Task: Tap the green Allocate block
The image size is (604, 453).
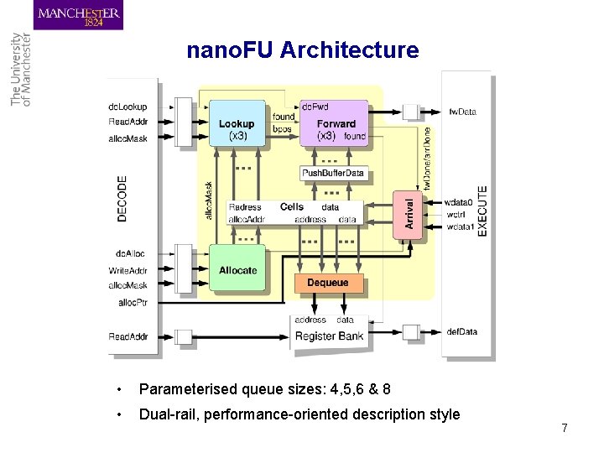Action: pyautogui.click(x=237, y=269)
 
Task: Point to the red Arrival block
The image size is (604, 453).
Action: pyautogui.click(x=409, y=213)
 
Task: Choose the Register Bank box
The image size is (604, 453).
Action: pyautogui.click(x=330, y=336)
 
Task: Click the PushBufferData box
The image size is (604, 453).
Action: pyautogui.click(x=334, y=173)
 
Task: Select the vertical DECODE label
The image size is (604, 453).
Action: pyautogui.click(x=122, y=198)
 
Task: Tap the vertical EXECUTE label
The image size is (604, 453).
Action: pyautogui.click(x=482, y=210)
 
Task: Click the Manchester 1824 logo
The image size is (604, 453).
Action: pyautogui.click(x=79, y=15)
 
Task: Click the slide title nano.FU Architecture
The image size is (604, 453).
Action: pyautogui.click(x=302, y=50)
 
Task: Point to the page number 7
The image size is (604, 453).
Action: pyautogui.click(x=565, y=428)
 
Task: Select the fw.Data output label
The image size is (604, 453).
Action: pyautogui.click(x=462, y=112)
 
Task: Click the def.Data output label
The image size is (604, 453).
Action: pyautogui.click(x=462, y=331)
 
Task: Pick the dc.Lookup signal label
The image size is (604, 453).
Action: pyautogui.click(x=128, y=107)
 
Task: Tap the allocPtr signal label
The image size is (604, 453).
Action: pyautogui.click(x=133, y=302)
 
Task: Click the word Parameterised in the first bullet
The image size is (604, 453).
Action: pyautogui.click(x=187, y=389)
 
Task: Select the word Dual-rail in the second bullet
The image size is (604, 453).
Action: pyautogui.click(x=167, y=414)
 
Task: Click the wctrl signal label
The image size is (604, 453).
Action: pyautogui.click(x=456, y=214)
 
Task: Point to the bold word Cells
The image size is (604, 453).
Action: pyautogui.click(x=292, y=206)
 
